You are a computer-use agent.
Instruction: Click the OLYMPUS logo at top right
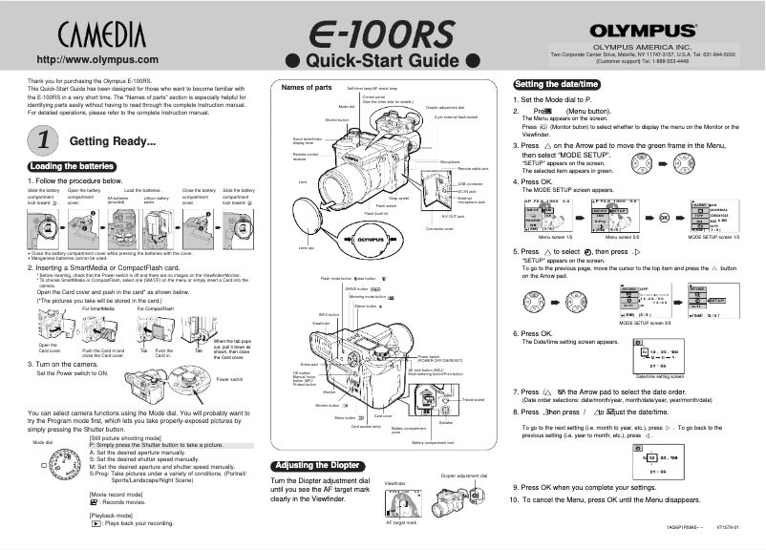point(641,32)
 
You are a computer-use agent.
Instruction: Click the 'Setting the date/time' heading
point(556,82)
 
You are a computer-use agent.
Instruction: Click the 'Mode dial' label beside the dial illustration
point(42,442)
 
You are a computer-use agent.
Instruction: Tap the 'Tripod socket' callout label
point(473,399)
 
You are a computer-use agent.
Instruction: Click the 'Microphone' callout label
point(450,162)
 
